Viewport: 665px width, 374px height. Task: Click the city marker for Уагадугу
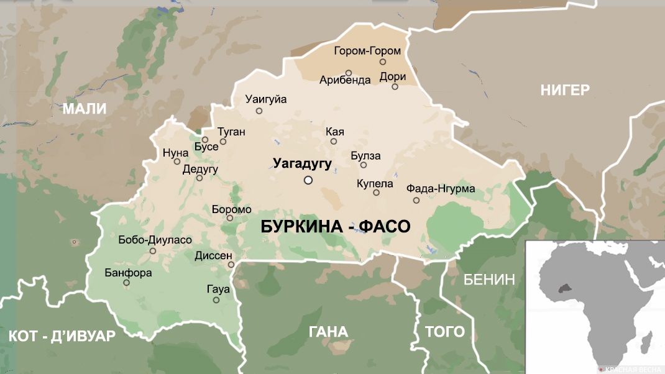(x=308, y=180)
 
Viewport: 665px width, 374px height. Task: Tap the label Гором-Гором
(x=367, y=51)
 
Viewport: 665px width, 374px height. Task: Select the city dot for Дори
(x=395, y=86)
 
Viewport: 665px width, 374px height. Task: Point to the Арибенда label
(x=345, y=80)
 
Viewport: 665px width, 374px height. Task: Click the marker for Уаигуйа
(x=259, y=111)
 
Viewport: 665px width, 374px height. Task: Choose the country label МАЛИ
(x=85, y=109)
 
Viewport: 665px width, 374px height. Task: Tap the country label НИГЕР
(x=564, y=90)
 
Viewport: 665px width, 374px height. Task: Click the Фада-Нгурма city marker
(x=416, y=200)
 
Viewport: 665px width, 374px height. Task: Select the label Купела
(x=375, y=183)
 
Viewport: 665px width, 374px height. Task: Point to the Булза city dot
(x=364, y=165)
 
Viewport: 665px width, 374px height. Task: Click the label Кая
(x=335, y=132)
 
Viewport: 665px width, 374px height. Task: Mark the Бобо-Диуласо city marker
(x=153, y=251)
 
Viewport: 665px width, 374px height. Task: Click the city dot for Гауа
(x=216, y=300)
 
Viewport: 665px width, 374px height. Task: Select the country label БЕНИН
(x=490, y=279)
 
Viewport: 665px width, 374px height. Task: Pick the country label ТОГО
(x=444, y=332)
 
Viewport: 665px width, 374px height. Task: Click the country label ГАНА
(x=328, y=332)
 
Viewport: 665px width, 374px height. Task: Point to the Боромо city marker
(x=230, y=217)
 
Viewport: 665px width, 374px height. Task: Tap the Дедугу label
(x=200, y=168)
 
